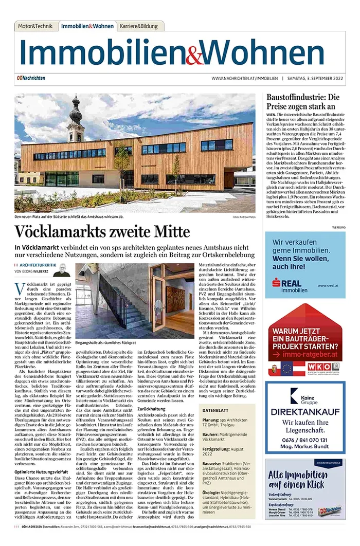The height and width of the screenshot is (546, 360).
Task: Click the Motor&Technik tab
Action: coord(34,26)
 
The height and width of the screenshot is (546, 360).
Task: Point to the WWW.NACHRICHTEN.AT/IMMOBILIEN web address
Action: coord(244,78)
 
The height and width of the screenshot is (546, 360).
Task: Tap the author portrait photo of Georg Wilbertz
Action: coord(61,270)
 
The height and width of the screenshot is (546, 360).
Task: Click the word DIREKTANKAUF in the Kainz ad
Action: coord(305,413)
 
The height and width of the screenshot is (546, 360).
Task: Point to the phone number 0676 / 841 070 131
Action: coord(305,441)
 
